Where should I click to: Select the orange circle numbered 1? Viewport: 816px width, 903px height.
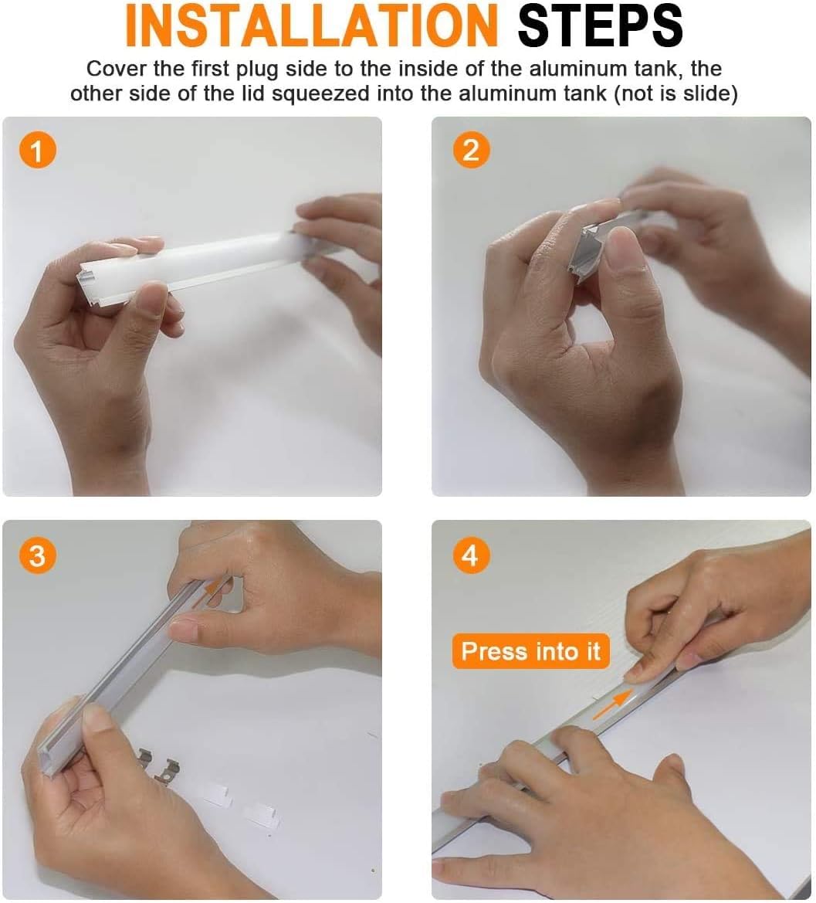click(37, 151)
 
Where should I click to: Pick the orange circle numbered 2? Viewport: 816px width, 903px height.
click(471, 151)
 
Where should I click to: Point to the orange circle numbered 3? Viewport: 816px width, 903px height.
click(37, 555)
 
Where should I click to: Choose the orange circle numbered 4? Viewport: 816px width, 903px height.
click(471, 555)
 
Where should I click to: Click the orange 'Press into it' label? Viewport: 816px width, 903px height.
click(530, 651)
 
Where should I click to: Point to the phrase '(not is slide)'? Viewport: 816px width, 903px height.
click(675, 93)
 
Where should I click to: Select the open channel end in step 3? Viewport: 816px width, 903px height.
click(49, 759)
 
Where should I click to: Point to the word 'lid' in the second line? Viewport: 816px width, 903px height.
click(250, 93)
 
